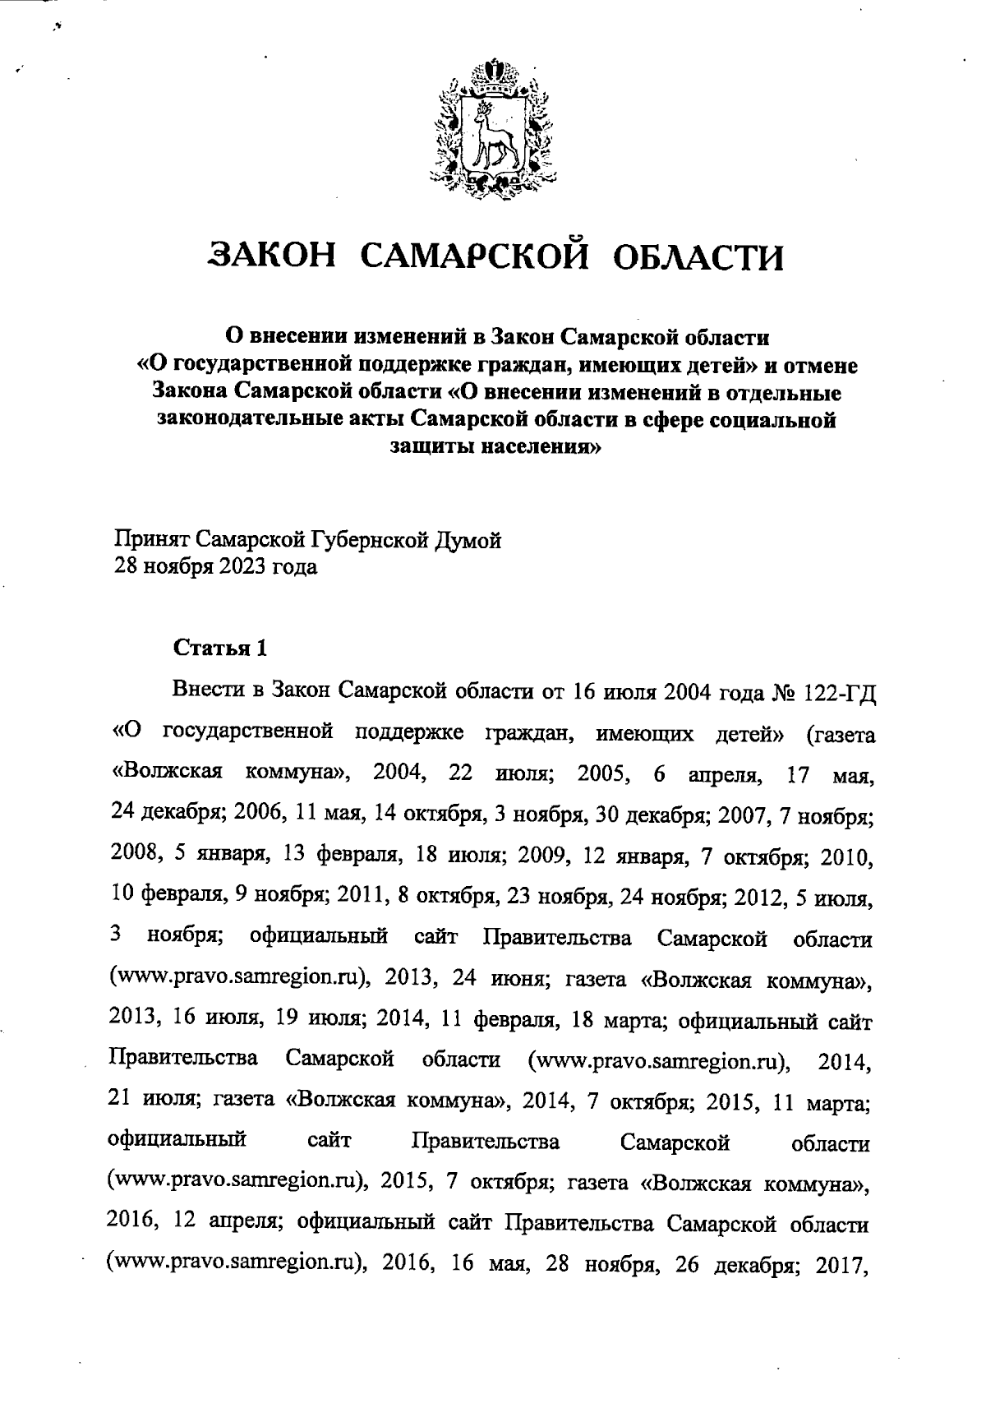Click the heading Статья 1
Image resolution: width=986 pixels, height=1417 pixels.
pos(219,648)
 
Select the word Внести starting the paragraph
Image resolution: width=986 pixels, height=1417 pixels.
pos(210,689)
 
